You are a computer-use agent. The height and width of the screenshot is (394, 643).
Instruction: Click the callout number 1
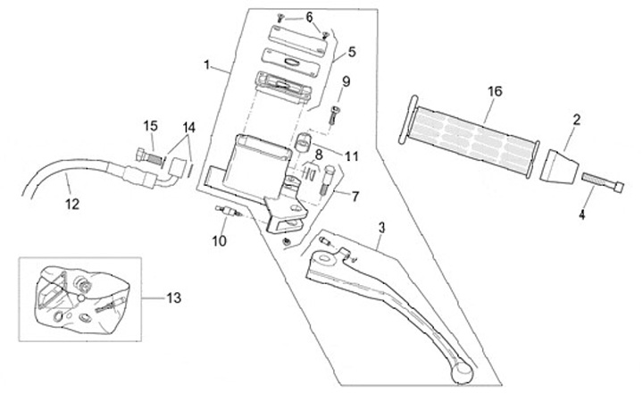coord(207,65)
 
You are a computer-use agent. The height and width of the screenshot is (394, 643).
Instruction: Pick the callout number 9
coord(347,81)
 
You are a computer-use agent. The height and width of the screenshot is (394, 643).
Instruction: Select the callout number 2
coord(577,119)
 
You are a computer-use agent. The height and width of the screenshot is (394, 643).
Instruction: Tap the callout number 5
coord(351,52)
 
